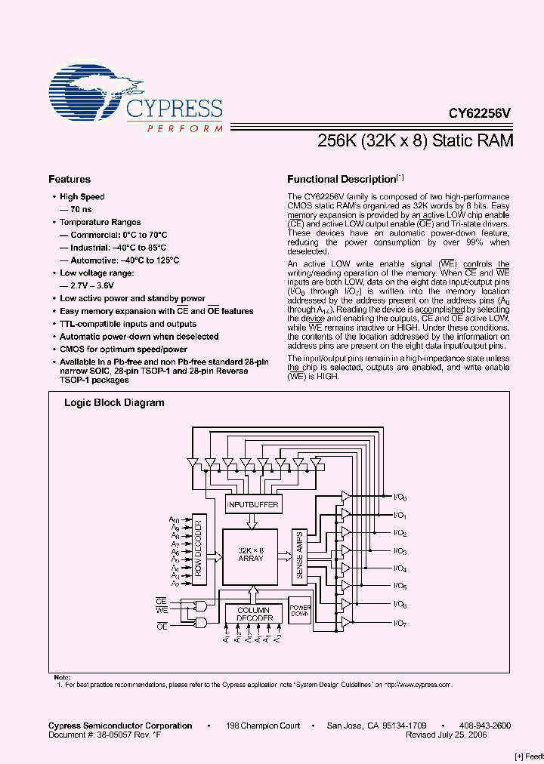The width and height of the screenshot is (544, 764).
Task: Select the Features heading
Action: [70, 180]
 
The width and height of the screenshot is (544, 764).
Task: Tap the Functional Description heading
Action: [341, 180]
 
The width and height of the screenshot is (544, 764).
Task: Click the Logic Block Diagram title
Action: [114, 403]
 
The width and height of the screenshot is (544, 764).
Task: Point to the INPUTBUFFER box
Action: [254, 504]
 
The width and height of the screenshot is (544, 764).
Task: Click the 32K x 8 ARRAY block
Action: [250, 555]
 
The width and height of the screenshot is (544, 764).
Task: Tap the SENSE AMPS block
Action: [300, 555]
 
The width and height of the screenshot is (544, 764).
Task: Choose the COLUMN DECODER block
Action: [253, 613]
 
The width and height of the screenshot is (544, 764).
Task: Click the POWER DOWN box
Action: [301, 611]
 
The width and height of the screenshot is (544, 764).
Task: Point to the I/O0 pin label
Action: [400, 498]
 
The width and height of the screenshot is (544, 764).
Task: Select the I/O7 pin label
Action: [400, 622]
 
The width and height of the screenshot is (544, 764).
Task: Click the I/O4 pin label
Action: [400, 568]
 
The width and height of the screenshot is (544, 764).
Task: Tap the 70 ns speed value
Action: [76, 209]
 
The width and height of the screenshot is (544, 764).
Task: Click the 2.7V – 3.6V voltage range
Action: [86, 285]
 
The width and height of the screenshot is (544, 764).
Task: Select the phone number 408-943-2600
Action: [485, 725]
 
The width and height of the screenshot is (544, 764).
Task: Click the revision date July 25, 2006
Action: [446, 735]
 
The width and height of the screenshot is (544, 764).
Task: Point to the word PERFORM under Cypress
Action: [185, 129]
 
